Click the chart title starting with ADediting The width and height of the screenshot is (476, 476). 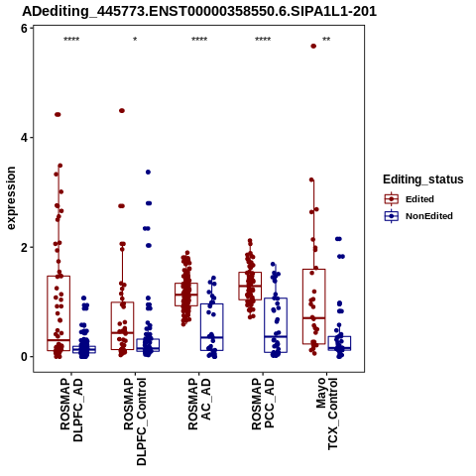click(x=199, y=12)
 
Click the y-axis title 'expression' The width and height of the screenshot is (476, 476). click(x=11, y=198)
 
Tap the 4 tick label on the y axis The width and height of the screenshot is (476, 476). click(x=24, y=138)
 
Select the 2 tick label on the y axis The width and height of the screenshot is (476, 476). click(x=24, y=247)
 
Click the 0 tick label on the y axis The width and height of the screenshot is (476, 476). click(x=24, y=357)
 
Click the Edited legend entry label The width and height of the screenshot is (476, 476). click(x=419, y=199)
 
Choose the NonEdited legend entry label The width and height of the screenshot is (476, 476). click(x=429, y=216)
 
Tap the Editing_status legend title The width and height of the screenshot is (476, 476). click(x=423, y=179)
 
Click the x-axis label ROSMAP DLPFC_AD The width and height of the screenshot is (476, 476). click(x=71, y=411)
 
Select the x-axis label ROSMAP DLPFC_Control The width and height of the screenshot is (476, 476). click(x=135, y=421)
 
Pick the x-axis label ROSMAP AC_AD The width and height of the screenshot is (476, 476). click(x=199, y=404)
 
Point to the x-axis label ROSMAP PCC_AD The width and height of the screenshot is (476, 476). click(x=263, y=404)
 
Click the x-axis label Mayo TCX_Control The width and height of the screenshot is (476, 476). click(x=326, y=414)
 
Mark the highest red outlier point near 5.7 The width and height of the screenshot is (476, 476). click(x=313, y=47)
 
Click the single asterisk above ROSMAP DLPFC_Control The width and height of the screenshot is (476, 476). click(x=135, y=39)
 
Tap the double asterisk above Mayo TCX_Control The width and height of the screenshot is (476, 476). click(x=326, y=39)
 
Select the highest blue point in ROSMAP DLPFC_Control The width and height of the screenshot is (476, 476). click(x=148, y=172)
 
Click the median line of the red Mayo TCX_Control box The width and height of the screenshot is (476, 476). click(x=313, y=317)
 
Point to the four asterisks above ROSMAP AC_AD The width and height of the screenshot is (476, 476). click(x=199, y=39)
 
